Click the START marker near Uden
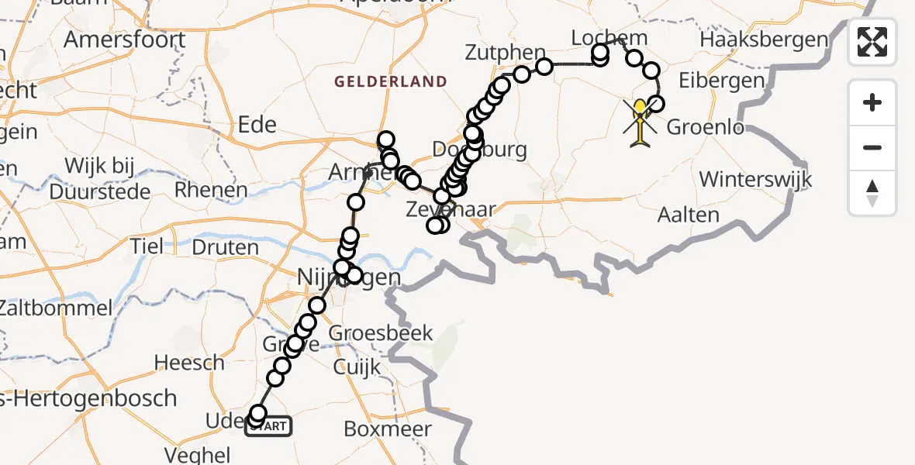[268, 425]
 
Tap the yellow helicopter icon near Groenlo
[640, 122]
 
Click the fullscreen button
[872, 41]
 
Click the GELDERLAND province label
[391, 81]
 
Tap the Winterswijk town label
[754, 180]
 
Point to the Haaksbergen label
[764, 39]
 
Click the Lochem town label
[598, 37]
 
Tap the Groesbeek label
[381, 333]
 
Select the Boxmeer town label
[387, 429]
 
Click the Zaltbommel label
[56, 308]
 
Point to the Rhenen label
[211, 190]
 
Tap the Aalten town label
[688, 215]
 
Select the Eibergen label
[710, 81]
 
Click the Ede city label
[256, 124]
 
